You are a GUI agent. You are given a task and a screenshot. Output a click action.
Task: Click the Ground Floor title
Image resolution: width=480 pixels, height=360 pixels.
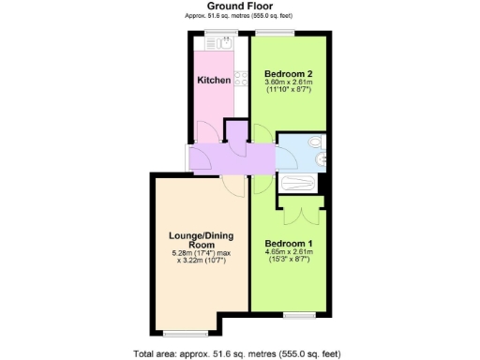pyautogui.click(x=240, y=7)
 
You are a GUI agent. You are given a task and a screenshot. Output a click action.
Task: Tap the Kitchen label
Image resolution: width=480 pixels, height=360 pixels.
pyautogui.click(x=214, y=81)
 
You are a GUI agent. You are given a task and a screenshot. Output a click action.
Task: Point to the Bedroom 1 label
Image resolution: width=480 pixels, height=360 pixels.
pyautogui.click(x=288, y=244)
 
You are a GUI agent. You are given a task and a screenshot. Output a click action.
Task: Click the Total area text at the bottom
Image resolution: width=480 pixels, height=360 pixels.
pyautogui.click(x=240, y=353)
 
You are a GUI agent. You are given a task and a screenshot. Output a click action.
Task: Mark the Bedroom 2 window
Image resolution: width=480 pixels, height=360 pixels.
pyautogui.click(x=274, y=34)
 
